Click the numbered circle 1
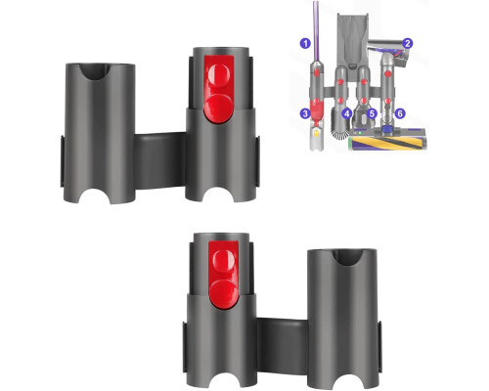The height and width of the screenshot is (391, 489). point(305,43)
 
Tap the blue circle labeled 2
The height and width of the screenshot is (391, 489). point(407,43)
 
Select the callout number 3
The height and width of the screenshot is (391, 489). point(305,113)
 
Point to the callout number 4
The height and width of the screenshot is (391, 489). point(347,113)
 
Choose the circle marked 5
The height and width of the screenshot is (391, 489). point(372,113)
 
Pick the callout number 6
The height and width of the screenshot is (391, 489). point(400,113)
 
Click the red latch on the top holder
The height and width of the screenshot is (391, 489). point(219,89)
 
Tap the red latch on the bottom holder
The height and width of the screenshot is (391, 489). point(223,276)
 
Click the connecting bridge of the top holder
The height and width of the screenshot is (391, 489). point(160,160)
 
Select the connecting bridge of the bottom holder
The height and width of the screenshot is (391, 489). point(283,346)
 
